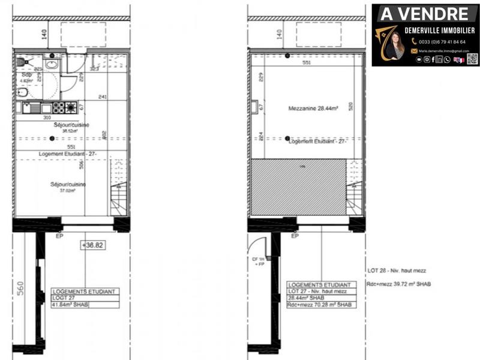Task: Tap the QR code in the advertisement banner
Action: (x=472, y=59)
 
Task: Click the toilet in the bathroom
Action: (x=23, y=92)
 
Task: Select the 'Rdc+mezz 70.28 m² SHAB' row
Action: (x=319, y=305)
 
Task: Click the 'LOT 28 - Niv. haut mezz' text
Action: (x=396, y=271)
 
